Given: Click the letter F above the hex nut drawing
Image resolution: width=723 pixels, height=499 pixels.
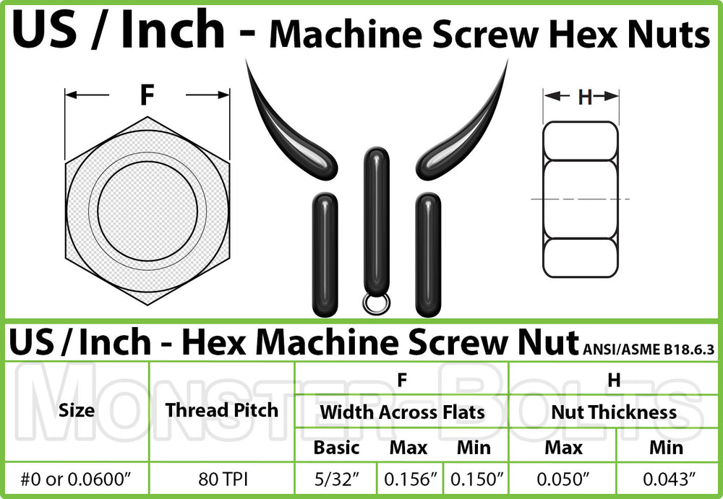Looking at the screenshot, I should (x=147, y=95).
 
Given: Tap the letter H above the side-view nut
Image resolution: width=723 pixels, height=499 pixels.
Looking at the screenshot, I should (x=584, y=97).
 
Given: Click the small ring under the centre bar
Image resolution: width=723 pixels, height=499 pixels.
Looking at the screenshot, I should (x=375, y=305).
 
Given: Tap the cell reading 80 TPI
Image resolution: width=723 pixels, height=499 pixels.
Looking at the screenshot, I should (x=221, y=479).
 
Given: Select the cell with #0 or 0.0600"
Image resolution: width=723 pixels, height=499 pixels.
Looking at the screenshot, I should (x=77, y=479).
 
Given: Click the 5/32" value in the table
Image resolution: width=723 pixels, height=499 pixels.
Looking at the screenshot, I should (x=336, y=479).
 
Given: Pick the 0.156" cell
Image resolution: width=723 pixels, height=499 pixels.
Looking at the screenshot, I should (x=408, y=479).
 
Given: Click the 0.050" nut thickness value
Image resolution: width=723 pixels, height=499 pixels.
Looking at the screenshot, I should (x=562, y=479).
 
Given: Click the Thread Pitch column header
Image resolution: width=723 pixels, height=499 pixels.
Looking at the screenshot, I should (x=221, y=410).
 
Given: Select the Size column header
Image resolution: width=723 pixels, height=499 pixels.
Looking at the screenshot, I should (x=77, y=411).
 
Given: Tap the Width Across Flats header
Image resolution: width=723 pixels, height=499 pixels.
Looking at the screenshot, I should (x=402, y=412).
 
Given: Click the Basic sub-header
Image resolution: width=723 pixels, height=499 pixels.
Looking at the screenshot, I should (x=336, y=447).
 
